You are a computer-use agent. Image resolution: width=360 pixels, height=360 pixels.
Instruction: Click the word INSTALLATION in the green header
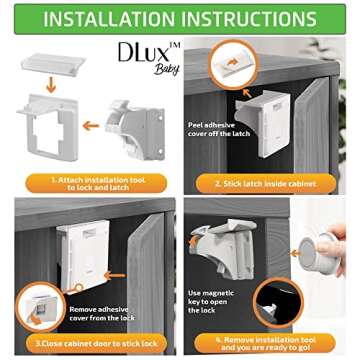tap(116, 18)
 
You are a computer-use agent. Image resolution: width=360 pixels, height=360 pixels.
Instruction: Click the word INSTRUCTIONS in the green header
tap(256, 18)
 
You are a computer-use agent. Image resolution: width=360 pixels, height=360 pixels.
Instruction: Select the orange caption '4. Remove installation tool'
tap(270, 342)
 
